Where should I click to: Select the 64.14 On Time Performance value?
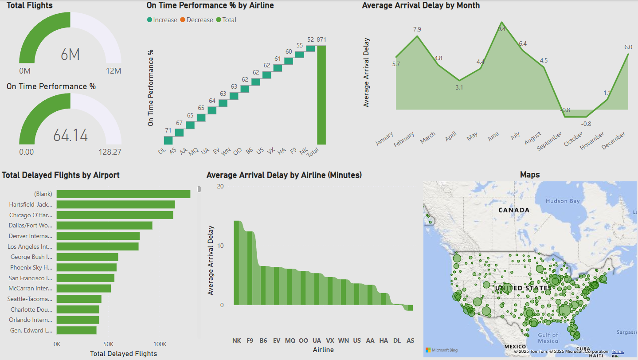pos(70,135)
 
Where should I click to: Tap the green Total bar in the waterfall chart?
pos(321,95)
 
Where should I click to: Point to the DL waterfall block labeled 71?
pos(168,140)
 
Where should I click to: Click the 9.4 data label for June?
pos(501,29)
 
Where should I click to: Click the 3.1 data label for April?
pos(459,87)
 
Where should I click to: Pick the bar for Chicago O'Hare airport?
pos(114,215)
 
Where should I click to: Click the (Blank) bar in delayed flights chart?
pos(123,194)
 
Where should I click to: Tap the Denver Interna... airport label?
pos(31,236)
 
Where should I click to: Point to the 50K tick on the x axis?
pos(108,344)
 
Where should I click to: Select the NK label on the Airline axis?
pos(237,340)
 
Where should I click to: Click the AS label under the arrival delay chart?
pos(411,340)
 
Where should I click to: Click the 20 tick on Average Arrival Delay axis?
pos(220,186)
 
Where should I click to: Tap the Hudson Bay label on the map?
pos(563,201)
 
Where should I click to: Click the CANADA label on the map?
pos(513,210)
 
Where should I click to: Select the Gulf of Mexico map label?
pos(548,338)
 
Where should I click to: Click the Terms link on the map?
pos(618,352)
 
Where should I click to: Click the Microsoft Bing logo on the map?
pos(442,350)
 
